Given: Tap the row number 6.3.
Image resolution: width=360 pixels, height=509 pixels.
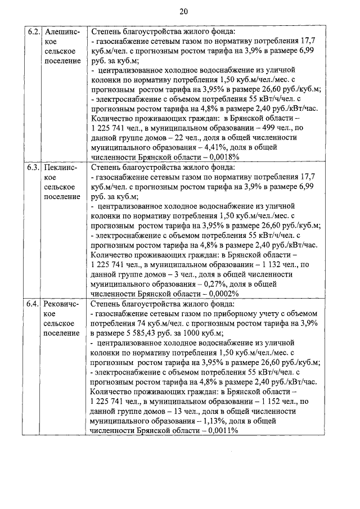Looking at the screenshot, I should [x=33, y=168].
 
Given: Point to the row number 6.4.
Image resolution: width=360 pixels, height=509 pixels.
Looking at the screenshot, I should [x=33, y=304].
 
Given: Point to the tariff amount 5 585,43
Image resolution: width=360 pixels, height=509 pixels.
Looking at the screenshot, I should [x=141, y=332].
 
